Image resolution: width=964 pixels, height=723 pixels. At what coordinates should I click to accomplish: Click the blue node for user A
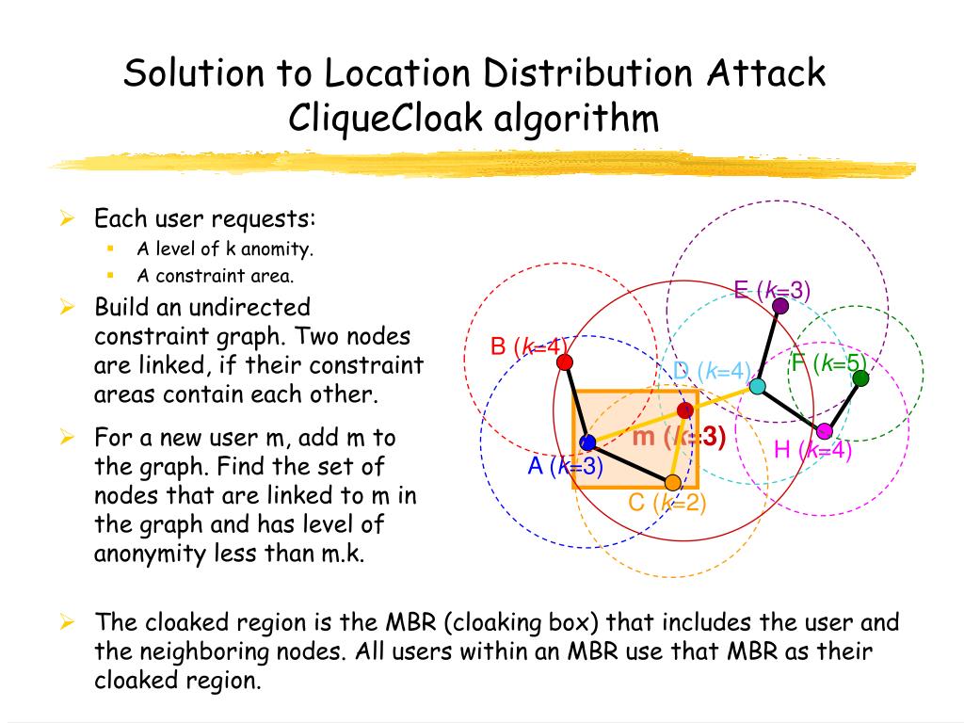pos(588,442)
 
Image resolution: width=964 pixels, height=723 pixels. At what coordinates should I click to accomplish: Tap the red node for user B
pos(564,362)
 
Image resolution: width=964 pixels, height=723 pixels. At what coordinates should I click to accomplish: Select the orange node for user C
pos(672,483)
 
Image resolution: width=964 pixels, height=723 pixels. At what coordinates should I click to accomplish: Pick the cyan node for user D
pos(757,386)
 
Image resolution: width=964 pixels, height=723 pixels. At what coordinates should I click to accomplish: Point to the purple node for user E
pos(779,305)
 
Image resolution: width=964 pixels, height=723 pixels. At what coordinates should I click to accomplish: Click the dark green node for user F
pos(860,378)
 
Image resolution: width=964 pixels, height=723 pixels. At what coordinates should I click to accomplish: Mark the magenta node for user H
pos(825,431)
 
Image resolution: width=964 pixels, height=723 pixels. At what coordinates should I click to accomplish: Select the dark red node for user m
pos(685,410)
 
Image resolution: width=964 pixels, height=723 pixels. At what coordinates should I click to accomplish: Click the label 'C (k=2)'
pos(667,504)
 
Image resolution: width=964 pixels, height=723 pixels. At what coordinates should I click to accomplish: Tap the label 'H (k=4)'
pos(812,451)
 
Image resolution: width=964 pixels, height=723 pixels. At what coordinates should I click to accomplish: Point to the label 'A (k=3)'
pos(565,466)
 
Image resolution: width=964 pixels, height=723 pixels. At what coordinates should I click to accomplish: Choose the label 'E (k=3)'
pos(772,289)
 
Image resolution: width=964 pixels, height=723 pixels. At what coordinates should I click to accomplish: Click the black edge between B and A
pos(576,403)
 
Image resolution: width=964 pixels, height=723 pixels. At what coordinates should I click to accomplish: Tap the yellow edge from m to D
pos(721,398)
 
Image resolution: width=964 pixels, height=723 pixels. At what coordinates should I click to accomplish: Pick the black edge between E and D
pos(768,345)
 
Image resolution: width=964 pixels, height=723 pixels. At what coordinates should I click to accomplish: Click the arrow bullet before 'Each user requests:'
pos(67,220)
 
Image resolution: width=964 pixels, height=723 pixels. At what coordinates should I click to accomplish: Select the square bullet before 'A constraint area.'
pos(110,276)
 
